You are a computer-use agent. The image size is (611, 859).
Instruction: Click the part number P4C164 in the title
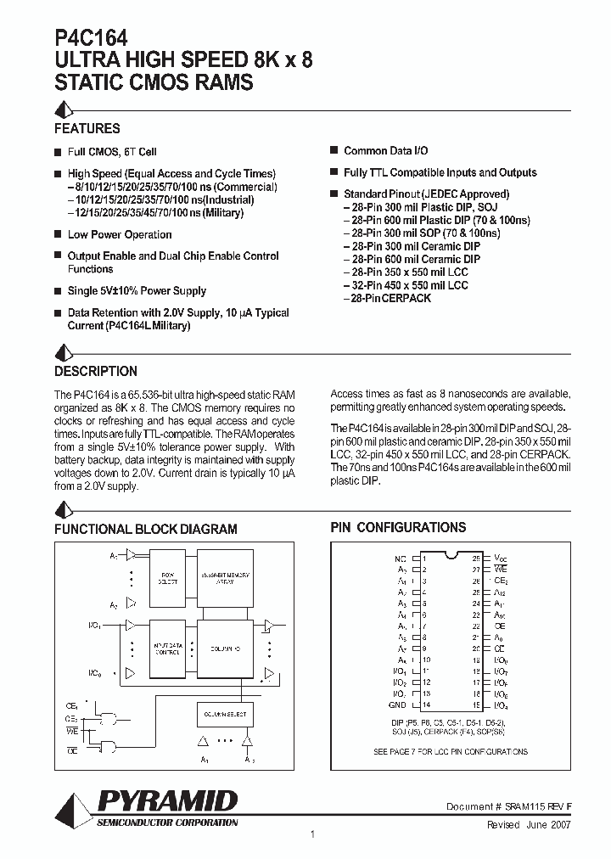91,39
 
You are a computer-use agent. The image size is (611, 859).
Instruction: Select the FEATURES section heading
87,129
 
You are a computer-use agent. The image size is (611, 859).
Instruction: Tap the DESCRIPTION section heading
95,371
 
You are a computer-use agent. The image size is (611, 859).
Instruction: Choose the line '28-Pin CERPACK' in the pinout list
388,298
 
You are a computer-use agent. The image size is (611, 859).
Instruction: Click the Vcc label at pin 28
501,559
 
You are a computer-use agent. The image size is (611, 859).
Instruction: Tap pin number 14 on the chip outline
426,705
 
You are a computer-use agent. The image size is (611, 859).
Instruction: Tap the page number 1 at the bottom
313,835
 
